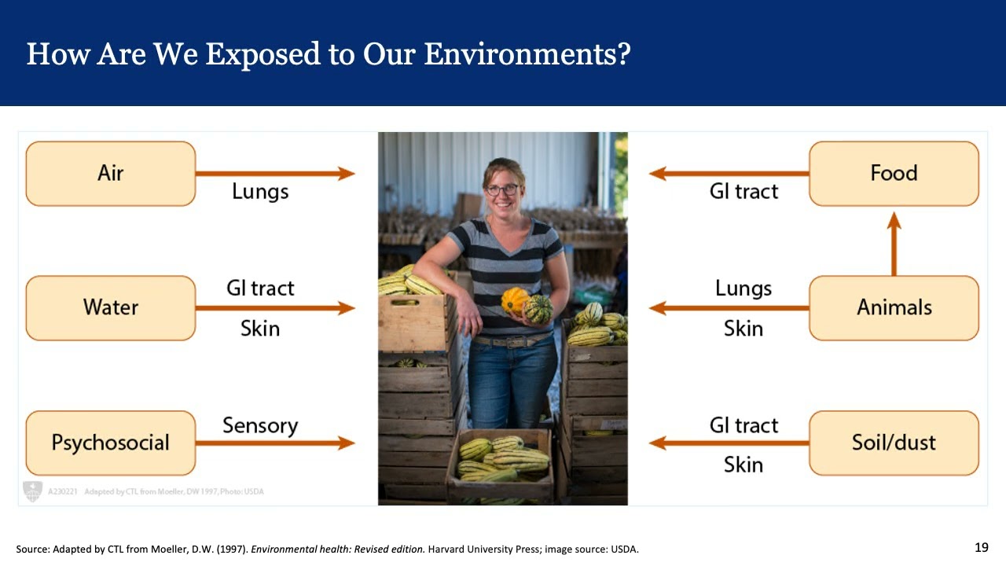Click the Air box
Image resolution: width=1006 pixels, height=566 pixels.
coord(110,174)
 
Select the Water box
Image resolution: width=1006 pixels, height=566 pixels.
coord(110,308)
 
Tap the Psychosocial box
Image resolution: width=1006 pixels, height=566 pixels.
coord(110,443)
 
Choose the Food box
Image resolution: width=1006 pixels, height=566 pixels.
coord(894,174)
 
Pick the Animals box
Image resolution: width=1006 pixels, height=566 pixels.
coord(894,308)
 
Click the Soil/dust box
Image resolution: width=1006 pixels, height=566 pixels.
coord(894,443)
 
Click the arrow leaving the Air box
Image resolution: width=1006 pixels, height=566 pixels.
coord(275,174)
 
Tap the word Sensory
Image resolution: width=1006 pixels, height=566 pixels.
coord(260,425)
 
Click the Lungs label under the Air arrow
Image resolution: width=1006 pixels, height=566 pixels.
coord(260,192)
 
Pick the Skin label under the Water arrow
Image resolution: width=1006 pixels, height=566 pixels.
coord(260,328)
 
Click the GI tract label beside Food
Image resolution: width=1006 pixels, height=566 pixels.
coord(743,192)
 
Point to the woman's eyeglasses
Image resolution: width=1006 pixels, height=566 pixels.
coord(502,189)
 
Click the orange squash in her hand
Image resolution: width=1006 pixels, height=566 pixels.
coord(515,300)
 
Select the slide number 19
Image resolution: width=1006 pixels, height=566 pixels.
coord(981,547)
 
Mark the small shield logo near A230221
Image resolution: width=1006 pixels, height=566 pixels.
coord(31,491)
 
